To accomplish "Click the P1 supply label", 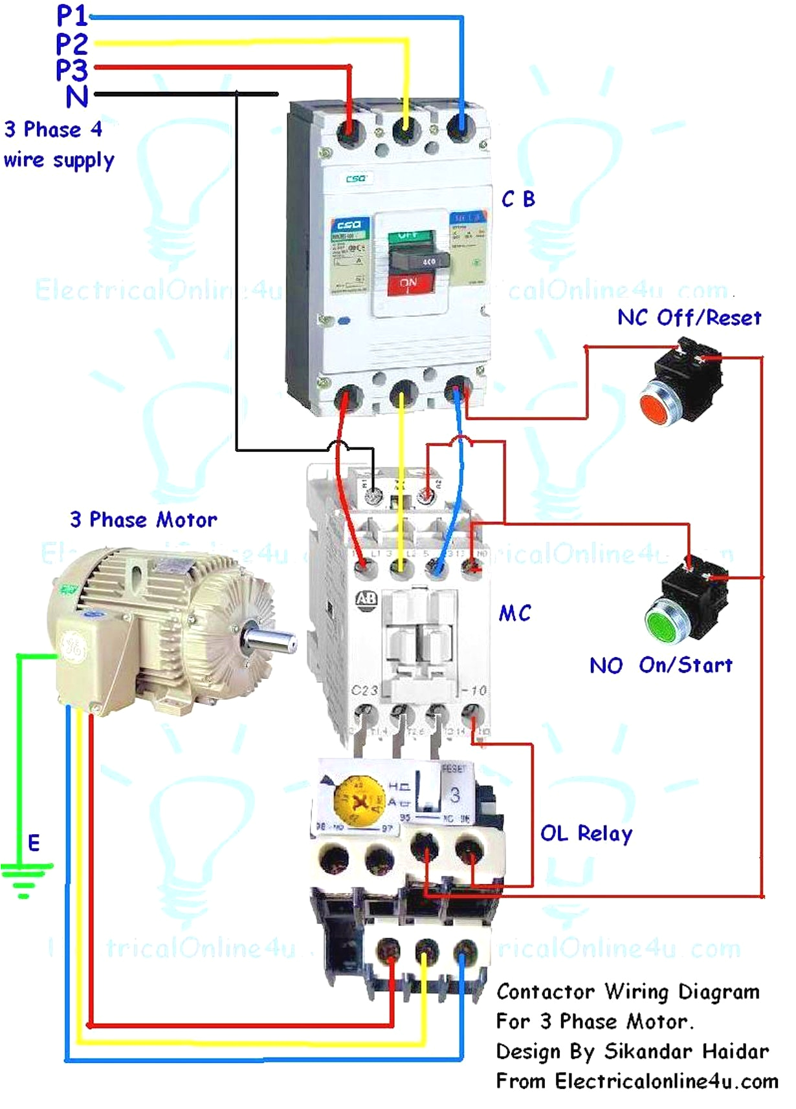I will point(71,16).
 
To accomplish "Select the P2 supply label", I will point(71,44).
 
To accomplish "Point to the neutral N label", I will point(77,97).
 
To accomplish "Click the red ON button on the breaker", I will point(408,285).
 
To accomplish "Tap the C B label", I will point(518,199).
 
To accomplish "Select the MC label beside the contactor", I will point(515,613).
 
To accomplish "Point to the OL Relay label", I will point(586,834).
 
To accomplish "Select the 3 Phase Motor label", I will point(144,520).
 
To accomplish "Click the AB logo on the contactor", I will point(366,598).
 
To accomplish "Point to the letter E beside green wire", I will point(34,843).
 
